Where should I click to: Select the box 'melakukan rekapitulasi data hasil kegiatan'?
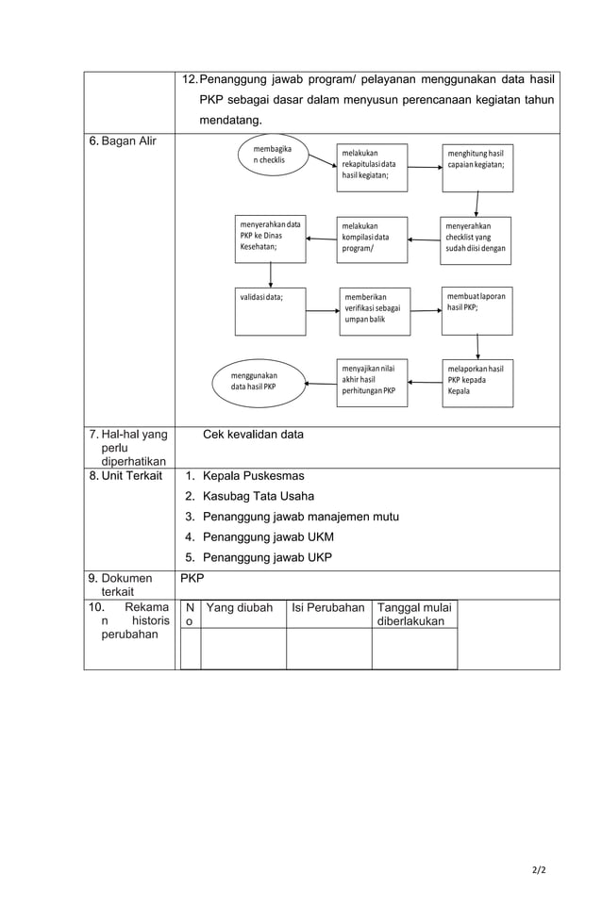(x=372, y=167)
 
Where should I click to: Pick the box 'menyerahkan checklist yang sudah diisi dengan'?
(x=477, y=239)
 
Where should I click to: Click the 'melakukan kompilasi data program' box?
(x=372, y=239)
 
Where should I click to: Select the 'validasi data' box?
(x=270, y=311)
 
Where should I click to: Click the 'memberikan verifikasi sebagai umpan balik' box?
(x=375, y=311)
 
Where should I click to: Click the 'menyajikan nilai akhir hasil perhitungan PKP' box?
(x=372, y=382)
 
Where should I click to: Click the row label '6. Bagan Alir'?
(x=123, y=142)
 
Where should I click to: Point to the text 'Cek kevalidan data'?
(x=253, y=435)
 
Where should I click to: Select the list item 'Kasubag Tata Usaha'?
(x=259, y=496)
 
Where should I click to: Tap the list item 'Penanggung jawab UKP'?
(x=267, y=557)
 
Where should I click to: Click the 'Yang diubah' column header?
(x=239, y=608)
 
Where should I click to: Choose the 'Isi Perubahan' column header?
(x=327, y=608)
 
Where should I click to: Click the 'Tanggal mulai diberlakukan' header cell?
(x=414, y=615)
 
